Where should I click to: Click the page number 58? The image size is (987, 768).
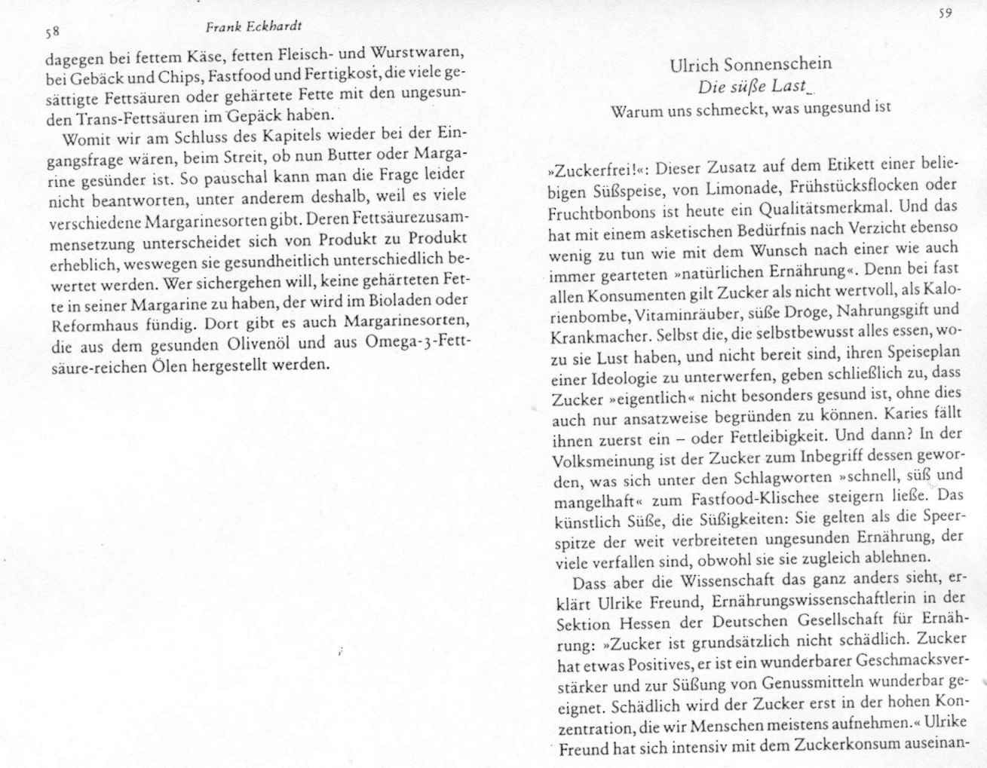[52, 33]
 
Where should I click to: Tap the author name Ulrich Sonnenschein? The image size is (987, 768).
[750, 65]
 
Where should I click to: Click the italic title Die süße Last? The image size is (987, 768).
[752, 87]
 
